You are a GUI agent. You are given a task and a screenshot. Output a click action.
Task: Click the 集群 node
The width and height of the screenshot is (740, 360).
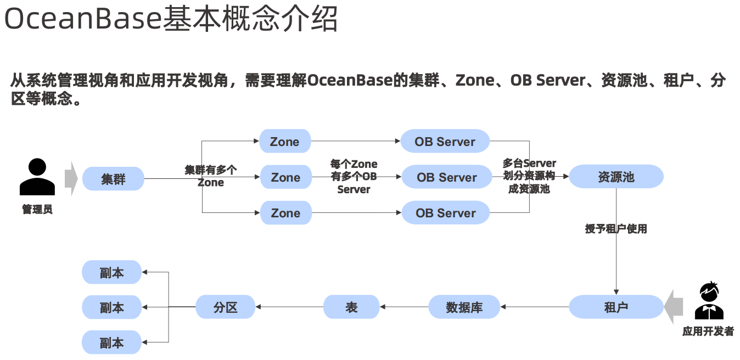[113, 179]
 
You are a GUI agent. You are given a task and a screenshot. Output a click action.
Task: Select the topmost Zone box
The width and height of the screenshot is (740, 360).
[285, 142]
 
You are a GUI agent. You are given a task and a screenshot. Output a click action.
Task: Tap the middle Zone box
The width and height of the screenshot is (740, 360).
[285, 177]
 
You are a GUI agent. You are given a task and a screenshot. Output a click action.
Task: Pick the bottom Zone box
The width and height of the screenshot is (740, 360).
[285, 213]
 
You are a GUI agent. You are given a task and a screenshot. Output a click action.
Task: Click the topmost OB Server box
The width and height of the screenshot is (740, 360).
[445, 142]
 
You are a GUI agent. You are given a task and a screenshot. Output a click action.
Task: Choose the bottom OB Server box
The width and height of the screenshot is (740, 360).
[445, 213]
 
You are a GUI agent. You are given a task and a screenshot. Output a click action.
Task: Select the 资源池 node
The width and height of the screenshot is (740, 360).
[616, 177]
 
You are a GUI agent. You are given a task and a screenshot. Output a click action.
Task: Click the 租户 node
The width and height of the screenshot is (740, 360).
[616, 307]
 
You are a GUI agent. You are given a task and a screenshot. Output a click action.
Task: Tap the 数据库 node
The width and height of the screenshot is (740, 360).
[464, 307]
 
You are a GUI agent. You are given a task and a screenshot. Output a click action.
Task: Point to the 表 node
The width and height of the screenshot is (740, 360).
[351, 307]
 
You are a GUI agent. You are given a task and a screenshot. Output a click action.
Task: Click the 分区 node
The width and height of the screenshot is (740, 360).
[226, 307]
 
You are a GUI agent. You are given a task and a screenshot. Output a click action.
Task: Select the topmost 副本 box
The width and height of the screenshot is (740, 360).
[112, 272]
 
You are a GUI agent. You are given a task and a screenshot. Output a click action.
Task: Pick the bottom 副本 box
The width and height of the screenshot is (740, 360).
[112, 342]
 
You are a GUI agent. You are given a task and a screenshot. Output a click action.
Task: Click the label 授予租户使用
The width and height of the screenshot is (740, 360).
[616, 229]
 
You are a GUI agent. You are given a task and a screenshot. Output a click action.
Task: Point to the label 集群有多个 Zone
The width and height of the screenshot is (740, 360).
[211, 176]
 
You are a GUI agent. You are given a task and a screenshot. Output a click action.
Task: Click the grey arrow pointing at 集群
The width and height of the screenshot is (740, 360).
[71, 178]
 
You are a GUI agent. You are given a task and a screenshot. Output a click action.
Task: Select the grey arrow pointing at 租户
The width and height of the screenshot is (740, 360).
[673, 307]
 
